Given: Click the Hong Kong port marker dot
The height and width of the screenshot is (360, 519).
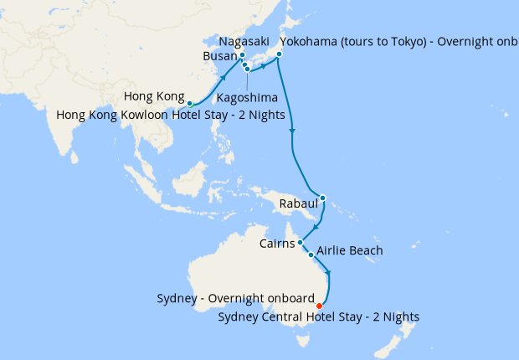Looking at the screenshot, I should (x=190, y=104).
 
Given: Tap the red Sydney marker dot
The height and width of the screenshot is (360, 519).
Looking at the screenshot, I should (x=320, y=306).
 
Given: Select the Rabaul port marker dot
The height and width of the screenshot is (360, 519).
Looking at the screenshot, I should (x=323, y=198).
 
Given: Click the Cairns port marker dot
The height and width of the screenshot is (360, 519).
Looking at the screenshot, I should (x=300, y=243).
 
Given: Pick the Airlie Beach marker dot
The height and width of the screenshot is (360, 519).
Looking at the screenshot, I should (x=311, y=255).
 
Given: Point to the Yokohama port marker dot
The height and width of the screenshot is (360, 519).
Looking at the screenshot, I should (x=278, y=55).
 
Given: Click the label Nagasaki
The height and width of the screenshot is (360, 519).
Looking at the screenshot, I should (x=244, y=41).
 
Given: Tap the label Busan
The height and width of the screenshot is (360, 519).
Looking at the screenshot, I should (x=219, y=56).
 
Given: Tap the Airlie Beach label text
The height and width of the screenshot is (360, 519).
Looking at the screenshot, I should (x=350, y=250).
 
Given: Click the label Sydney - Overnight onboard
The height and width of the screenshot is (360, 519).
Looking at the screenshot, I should (x=235, y=299).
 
